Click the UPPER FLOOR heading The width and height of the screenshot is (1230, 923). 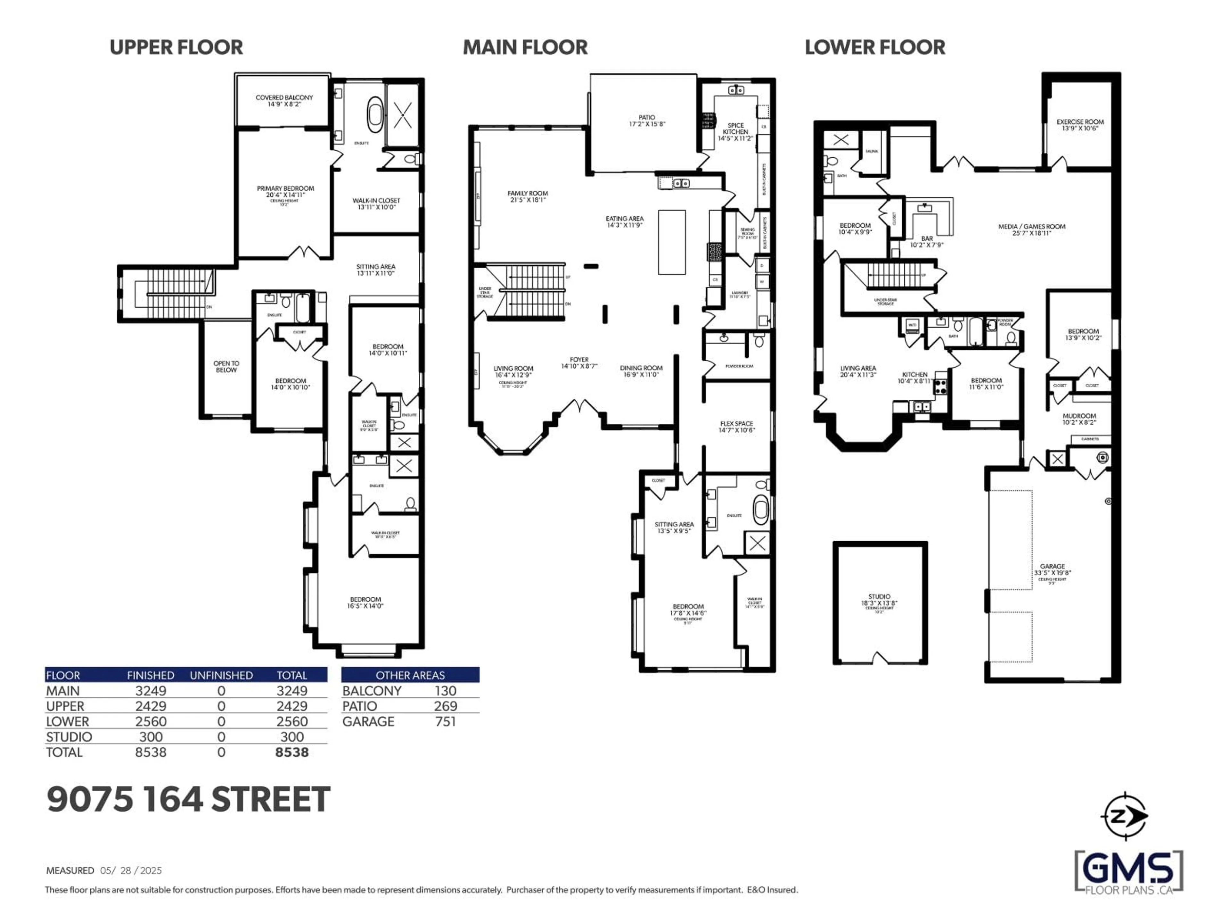pos(176,47)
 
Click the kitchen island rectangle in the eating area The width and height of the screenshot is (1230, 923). pos(672,242)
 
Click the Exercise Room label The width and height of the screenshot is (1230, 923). pos(1080,125)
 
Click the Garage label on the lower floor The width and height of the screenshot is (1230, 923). pos(1052,569)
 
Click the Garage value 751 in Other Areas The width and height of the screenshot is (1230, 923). pos(446,722)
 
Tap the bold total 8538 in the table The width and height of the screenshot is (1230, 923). pos(291,752)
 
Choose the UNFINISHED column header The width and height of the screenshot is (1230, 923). pos(221,675)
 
